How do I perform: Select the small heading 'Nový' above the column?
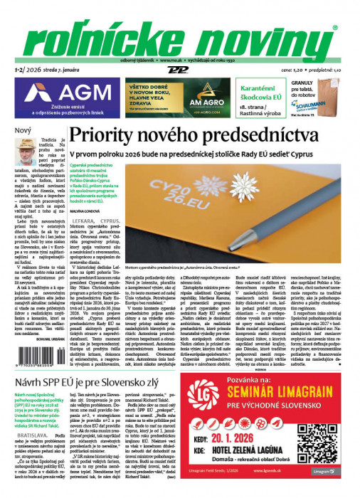(23, 131)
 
